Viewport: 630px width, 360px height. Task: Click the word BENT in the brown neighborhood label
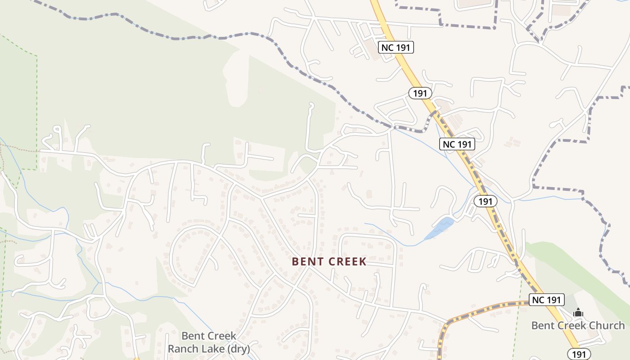point(308,261)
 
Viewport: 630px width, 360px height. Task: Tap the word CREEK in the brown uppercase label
point(347,261)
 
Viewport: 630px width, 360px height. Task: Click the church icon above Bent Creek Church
point(578,312)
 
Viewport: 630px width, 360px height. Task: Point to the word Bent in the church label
point(543,325)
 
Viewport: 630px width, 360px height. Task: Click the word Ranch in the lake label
point(183,349)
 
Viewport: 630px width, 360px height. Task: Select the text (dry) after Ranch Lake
point(239,349)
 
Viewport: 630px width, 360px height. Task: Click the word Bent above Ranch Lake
point(193,336)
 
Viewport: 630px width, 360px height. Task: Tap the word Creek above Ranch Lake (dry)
point(221,336)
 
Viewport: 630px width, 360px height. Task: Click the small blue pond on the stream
point(439,228)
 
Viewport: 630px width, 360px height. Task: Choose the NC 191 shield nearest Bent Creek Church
point(546,300)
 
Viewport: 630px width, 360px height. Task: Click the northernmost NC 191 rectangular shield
point(396,47)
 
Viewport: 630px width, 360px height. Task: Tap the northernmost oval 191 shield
point(420,93)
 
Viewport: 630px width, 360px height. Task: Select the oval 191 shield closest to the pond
point(486,201)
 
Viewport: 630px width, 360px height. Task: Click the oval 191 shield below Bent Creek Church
point(579,354)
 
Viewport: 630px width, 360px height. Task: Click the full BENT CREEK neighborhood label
point(329,261)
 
